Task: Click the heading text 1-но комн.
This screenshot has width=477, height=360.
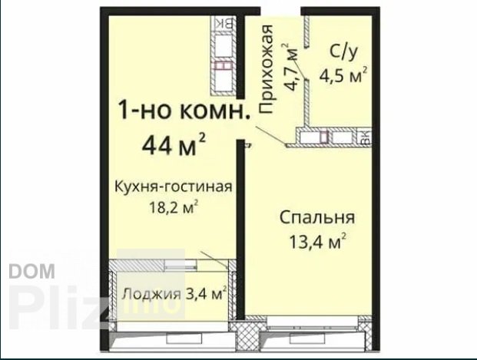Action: pos(184,110)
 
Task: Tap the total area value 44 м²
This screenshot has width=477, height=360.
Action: pos(174,144)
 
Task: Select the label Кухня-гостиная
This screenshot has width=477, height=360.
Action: pos(173,187)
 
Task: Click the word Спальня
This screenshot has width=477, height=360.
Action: pos(317,218)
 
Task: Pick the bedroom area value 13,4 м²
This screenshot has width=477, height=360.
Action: pos(317,242)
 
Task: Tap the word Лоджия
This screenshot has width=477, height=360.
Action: pos(151,294)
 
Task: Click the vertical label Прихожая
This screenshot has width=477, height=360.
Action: pos(266,69)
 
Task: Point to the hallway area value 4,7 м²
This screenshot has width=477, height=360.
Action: pos(290,68)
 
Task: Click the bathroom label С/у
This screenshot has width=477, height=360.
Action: pos(343,52)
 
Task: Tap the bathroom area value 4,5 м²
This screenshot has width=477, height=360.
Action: pos(343,75)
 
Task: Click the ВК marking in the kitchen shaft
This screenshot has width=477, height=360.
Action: pos(224,23)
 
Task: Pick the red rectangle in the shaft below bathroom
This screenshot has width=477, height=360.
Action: pos(324,136)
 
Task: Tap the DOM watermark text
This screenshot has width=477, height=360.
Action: pos(32,271)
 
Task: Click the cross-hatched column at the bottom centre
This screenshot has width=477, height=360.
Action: pos(249,335)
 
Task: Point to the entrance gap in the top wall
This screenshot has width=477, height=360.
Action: pos(280,11)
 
